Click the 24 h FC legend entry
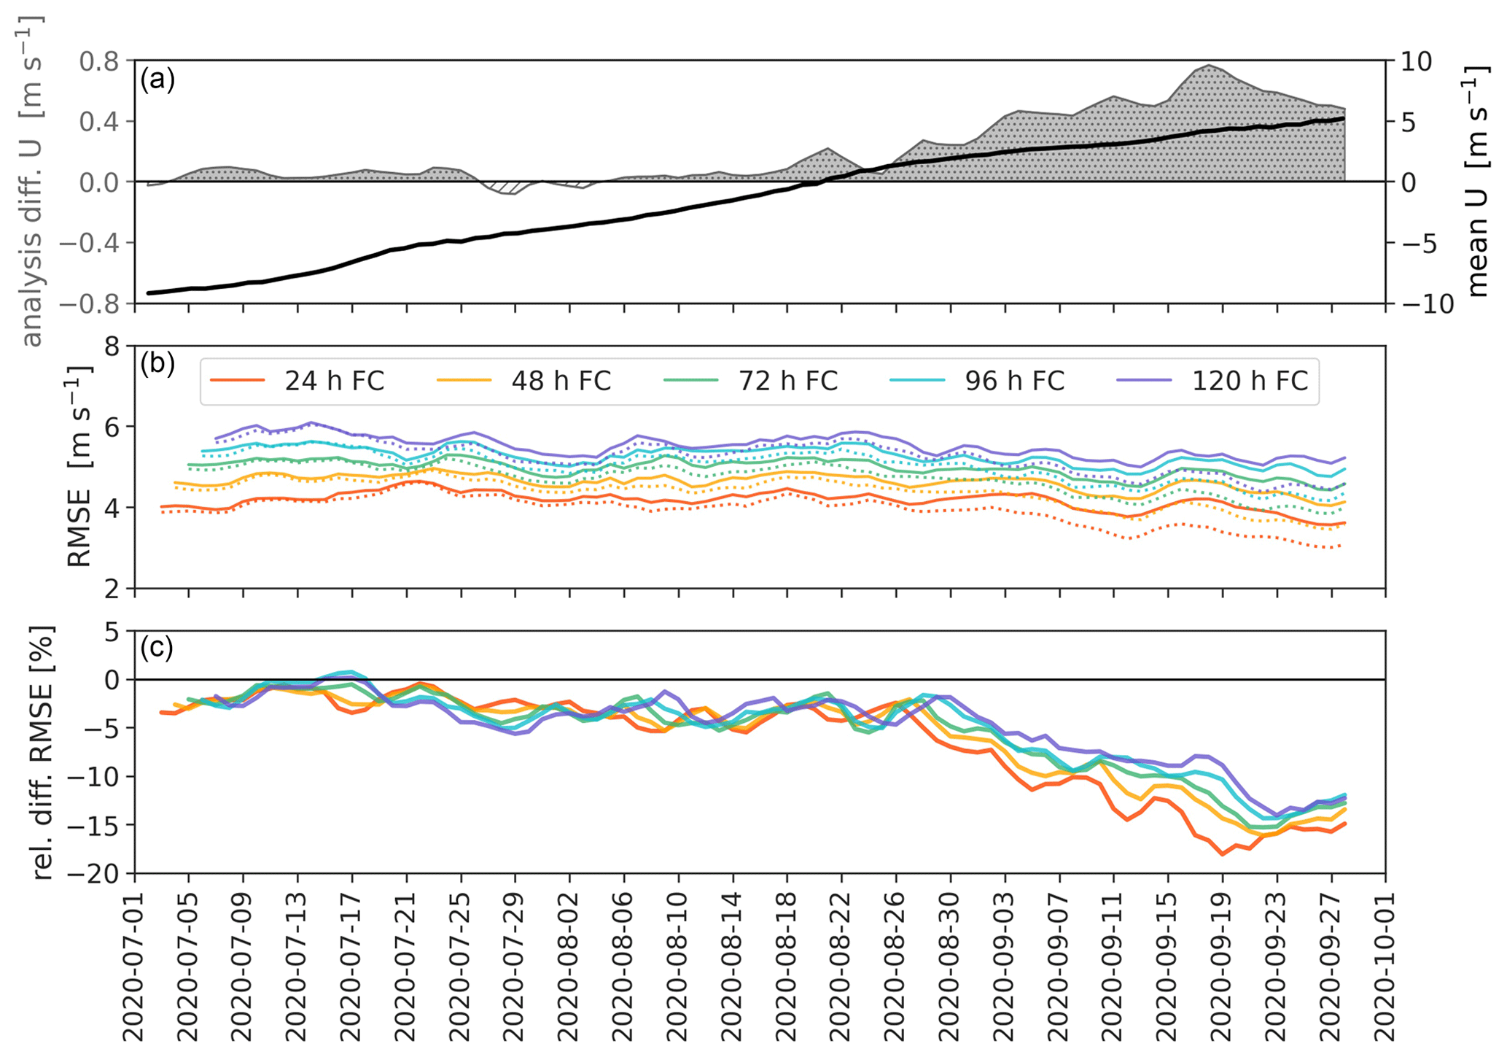[333, 381]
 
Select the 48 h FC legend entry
[561, 381]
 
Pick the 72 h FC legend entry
[787, 381]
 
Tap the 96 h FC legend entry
[1014, 381]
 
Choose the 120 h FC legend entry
[1249, 381]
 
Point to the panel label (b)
[157, 363]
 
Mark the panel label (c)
[157, 647]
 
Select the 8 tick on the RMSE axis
[112, 346]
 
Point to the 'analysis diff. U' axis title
[31, 181]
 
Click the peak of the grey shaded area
[1208, 66]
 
